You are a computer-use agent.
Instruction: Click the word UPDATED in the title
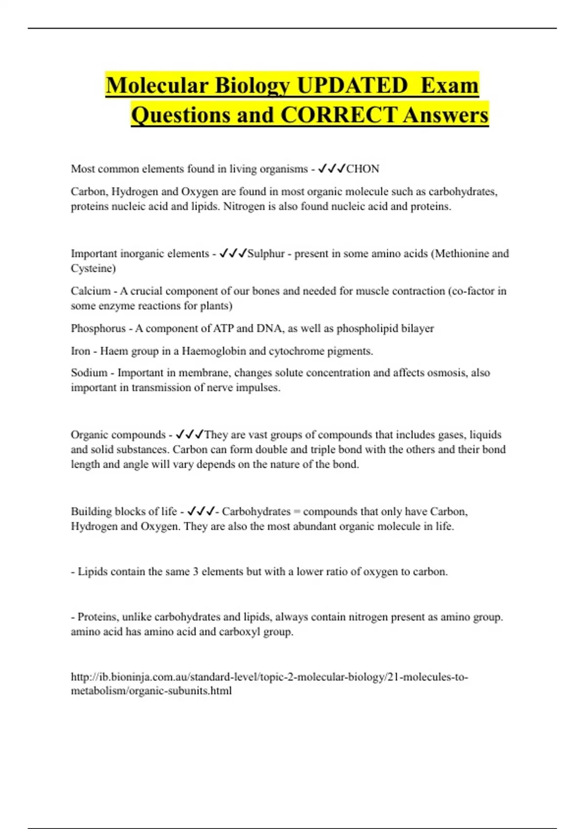(352, 85)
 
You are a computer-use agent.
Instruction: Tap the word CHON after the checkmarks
(363, 169)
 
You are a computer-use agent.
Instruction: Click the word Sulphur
(266, 254)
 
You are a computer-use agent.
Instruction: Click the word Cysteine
(93, 268)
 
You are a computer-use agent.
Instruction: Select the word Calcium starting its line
(91, 291)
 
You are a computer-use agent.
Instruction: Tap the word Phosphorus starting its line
(98, 328)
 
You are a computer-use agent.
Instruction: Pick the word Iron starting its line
(80, 351)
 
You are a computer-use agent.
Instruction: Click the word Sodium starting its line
(89, 373)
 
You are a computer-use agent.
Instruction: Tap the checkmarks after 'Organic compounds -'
(190, 434)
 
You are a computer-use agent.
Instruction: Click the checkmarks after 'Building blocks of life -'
(201, 512)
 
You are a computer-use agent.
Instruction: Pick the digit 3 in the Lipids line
(195, 572)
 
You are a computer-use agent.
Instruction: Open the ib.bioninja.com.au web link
(269, 677)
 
